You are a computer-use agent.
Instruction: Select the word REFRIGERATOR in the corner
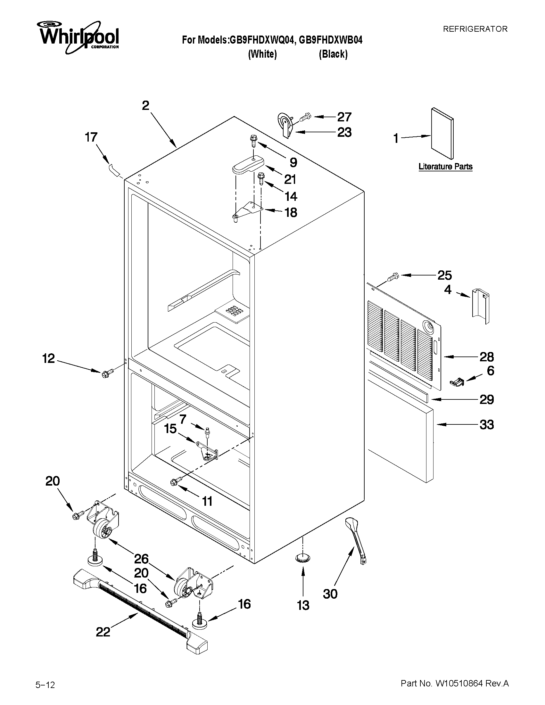coord(475,29)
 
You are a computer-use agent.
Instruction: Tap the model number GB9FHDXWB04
coord(331,40)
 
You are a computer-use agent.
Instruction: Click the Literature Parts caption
coord(445,167)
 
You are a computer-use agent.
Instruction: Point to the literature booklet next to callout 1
coord(442,133)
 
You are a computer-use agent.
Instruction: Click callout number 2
coord(145,106)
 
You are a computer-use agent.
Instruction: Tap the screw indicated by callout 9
coord(252,142)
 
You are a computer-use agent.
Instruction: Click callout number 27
coord(344,117)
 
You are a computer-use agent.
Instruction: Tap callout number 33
coord(487,424)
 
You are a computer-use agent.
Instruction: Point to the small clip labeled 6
coord(457,382)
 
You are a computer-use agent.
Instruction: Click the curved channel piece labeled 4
coord(481,306)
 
